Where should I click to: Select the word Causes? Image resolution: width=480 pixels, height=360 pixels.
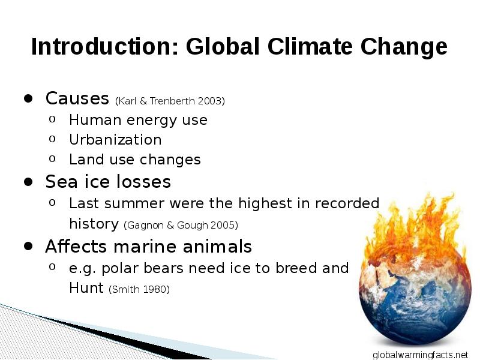click(x=77, y=98)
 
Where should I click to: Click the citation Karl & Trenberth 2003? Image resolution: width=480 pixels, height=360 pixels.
click(x=170, y=101)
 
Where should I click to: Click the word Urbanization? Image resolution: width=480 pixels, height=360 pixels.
click(x=115, y=140)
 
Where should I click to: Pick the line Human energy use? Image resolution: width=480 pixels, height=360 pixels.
click(x=138, y=120)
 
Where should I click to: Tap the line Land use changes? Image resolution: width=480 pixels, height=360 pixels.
click(x=134, y=160)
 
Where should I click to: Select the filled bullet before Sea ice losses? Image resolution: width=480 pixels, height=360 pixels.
click(x=28, y=182)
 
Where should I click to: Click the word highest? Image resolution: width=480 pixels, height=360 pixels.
click(x=265, y=203)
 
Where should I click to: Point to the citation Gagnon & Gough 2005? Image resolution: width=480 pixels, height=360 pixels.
click(x=181, y=226)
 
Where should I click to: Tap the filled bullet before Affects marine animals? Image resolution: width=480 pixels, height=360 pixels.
click(x=28, y=246)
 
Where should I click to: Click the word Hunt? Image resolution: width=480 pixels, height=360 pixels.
click(x=86, y=288)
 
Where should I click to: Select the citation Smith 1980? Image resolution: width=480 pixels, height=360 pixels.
click(x=139, y=289)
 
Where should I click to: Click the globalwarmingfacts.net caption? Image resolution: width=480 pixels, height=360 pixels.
click(x=421, y=355)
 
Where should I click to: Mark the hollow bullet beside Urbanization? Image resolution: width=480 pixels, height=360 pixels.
click(x=52, y=139)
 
